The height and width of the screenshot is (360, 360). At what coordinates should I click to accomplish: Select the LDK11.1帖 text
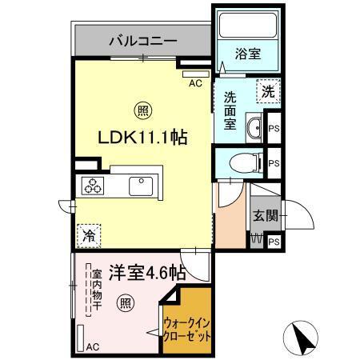142,137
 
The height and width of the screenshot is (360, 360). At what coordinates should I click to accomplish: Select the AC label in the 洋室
92,346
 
